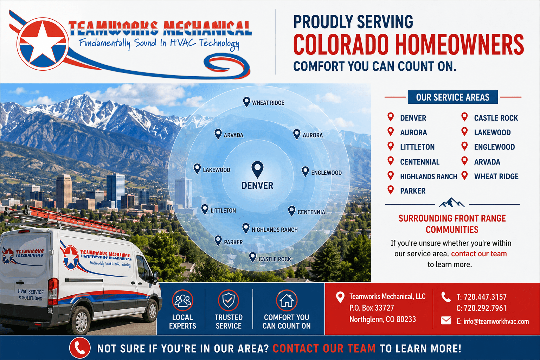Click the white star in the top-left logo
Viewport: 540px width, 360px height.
(x=43, y=43)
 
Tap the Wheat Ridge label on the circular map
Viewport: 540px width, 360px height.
(x=268, y=103)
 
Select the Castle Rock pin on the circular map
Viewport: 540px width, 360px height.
(x=253, y=257)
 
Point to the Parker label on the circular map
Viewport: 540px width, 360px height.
(x=233, y=242)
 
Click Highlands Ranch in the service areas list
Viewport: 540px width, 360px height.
(x=429, y=177)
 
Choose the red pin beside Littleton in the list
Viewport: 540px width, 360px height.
(x=391, y=146)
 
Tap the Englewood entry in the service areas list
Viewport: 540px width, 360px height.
(x=494, y=147)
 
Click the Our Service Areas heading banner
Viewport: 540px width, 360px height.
(x=452, y=97)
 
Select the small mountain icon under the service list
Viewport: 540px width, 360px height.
(x=451, y=203)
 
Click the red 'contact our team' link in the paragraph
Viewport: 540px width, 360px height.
(x=479, y=254)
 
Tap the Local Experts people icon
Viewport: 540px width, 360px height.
(x=182, y=301)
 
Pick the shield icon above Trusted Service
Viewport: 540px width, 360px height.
(x=229, y=301)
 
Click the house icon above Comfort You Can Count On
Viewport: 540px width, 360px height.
(x=287, y=301)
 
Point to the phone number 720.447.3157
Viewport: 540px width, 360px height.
(x=485, y=297)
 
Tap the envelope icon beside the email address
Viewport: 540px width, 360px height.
(x=446, y=321)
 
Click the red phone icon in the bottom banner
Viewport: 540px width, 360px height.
(x=80, y=348)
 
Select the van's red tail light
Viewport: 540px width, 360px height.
(x=53, y=291)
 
